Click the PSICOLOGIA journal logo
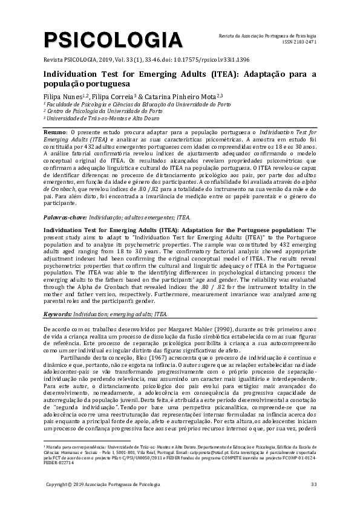(113, 41)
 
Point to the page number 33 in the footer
(313, 484)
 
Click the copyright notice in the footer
(105, 484)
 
